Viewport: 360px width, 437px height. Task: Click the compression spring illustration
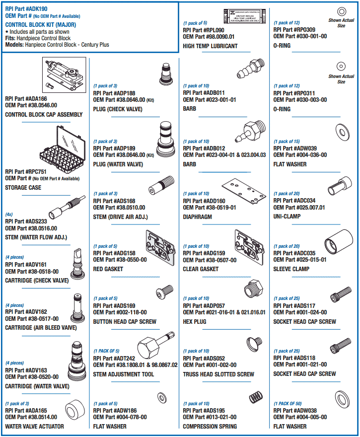click(x=255, y=398)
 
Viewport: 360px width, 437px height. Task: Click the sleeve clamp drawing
click(x=336, y=244)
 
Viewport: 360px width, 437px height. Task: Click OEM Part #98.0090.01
click(x=209, y=36)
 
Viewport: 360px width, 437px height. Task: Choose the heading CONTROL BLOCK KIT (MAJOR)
click(x=40, y=24)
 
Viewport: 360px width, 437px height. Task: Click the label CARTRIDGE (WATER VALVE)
click(x=37, y=386)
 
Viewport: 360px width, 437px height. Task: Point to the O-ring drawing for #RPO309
click(x=341, y=11)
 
